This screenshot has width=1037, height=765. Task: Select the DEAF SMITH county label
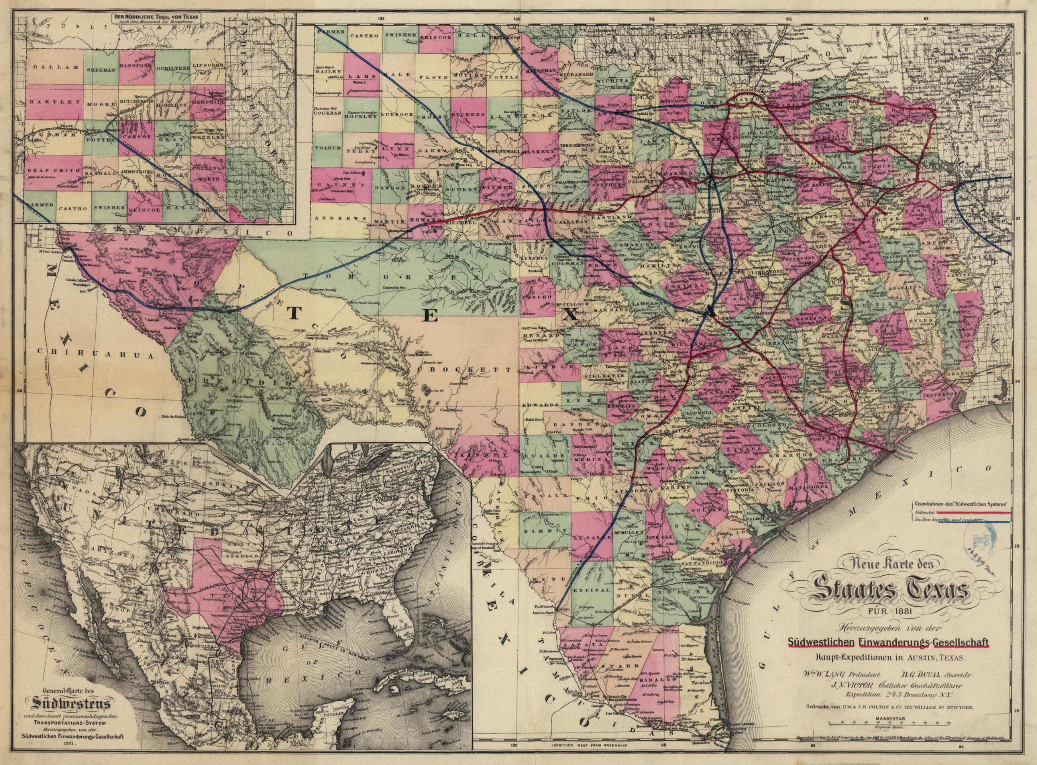[48, 171]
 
